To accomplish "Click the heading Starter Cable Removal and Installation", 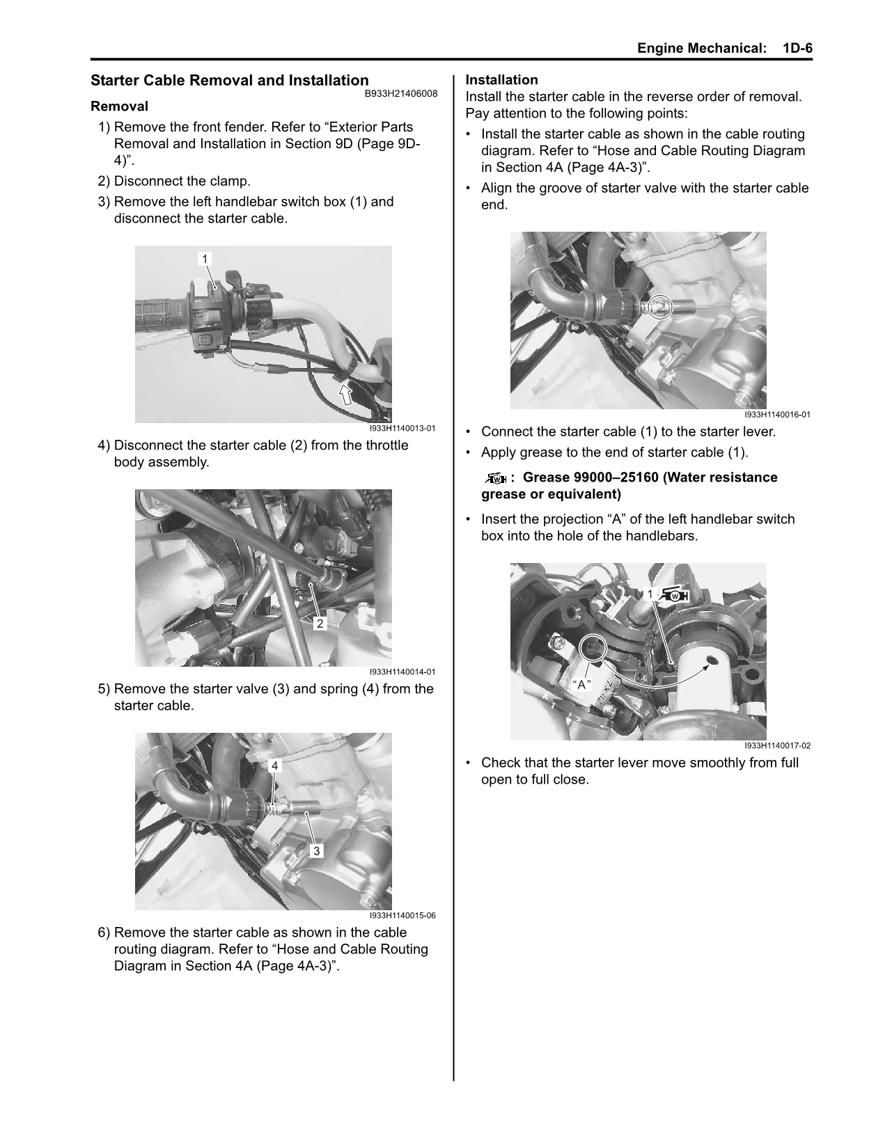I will tap(230, 81).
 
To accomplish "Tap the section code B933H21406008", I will tap(401, 93).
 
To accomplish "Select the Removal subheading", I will tap(119, 106).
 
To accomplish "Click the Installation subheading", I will tap(501, 80).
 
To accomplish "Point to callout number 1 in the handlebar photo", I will tap(205, 259).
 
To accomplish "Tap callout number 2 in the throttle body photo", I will tap(320, 623).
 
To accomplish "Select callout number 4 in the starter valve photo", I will tap(275, 766).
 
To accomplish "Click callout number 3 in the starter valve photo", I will tap(316, 850).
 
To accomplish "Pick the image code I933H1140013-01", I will tap(402, 429).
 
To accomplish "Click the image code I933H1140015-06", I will tap(402, 916).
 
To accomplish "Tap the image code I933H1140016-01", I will tap(777, 415).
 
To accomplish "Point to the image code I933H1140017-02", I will tap(777, 746).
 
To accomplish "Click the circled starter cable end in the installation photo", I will tap(660, 306).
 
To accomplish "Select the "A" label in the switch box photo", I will tap(581, 684).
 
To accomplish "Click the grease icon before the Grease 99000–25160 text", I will tap(496, 478).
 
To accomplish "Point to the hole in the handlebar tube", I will tap(713, 658).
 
